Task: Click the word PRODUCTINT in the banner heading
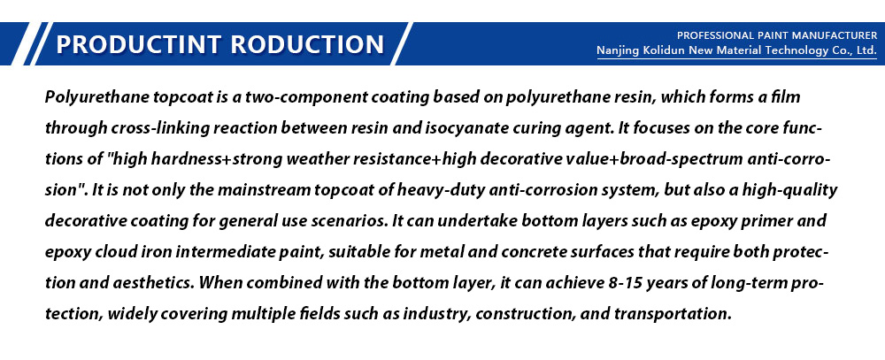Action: click(x=139, y=44)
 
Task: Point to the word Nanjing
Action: click(x=618, y=51)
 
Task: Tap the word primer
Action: click(x=773, y=221)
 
